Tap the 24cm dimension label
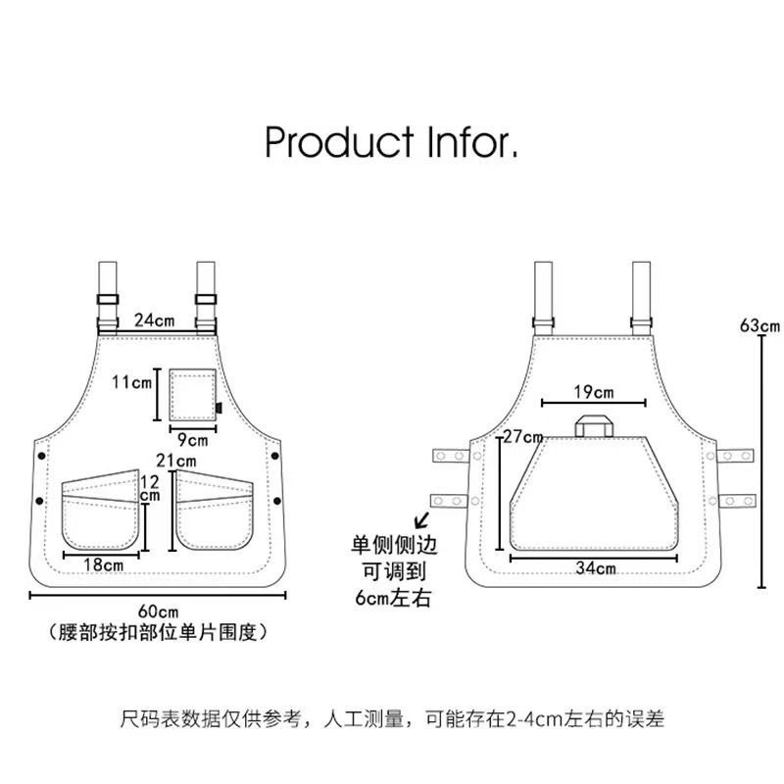155,319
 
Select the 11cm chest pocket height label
131,381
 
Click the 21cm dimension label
177,460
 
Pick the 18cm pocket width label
103,564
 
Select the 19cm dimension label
594,392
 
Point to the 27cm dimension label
523,436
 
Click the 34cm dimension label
595,567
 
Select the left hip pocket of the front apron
102,513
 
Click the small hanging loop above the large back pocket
593,424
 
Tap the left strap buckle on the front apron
107,300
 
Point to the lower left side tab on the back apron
451,500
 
